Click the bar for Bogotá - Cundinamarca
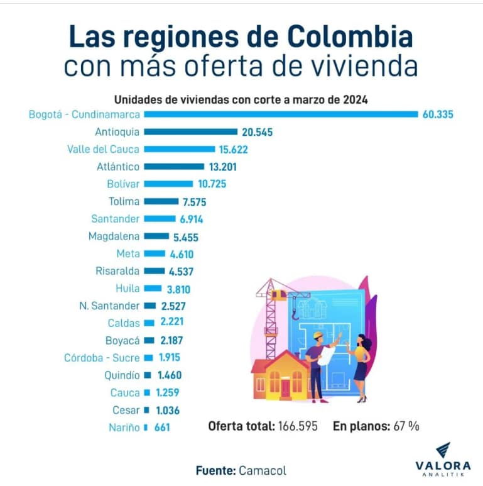pyautogui.click(x=281, y=114)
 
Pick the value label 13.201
pyautogui.click(x=224, y=167)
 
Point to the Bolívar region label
pyautogui.click(x=123, y=184)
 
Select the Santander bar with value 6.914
pyautogui.click(x=160, y=219)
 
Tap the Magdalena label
pyautogui.click(x=114, y=236)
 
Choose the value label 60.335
pyautogui.click(x=437, y=114)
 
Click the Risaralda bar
pyautogui.click(x=155, y=271)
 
